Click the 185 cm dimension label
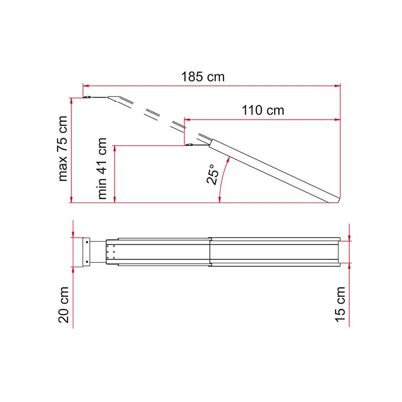pyautogui.click(x=203, y=77)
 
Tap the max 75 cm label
pyautogui.click(x=63, y=148)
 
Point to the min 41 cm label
pyautogui.click(x=103, y=168)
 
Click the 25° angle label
pyautogui.click(x=213, y=174)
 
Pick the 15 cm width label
pyautogui.click(x=340, y=304)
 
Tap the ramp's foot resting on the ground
pyautogui.click(x=335, y=200)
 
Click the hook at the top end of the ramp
pyautogui.click(x=87, y=97)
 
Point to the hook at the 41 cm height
pyautogui.click(x=190, y=146)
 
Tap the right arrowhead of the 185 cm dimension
pyautogui.click(x=338, y=85)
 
